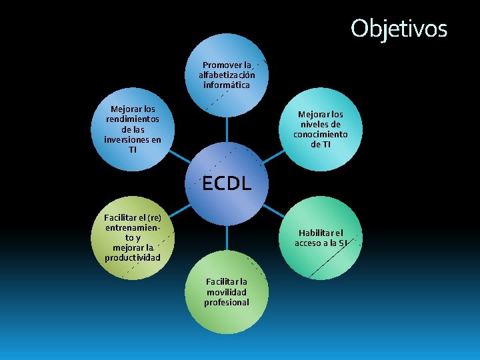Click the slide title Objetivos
pos(399,28)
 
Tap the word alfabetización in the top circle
pos(227,75)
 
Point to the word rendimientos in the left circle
pos(132,119)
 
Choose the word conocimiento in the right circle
pos(320,134)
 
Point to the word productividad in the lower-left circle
pos(132,257)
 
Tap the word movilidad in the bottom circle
pos(227,292)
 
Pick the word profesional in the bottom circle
pos(227,302)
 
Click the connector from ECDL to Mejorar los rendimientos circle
pos(179,157)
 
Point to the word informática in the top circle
pos(227,85)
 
